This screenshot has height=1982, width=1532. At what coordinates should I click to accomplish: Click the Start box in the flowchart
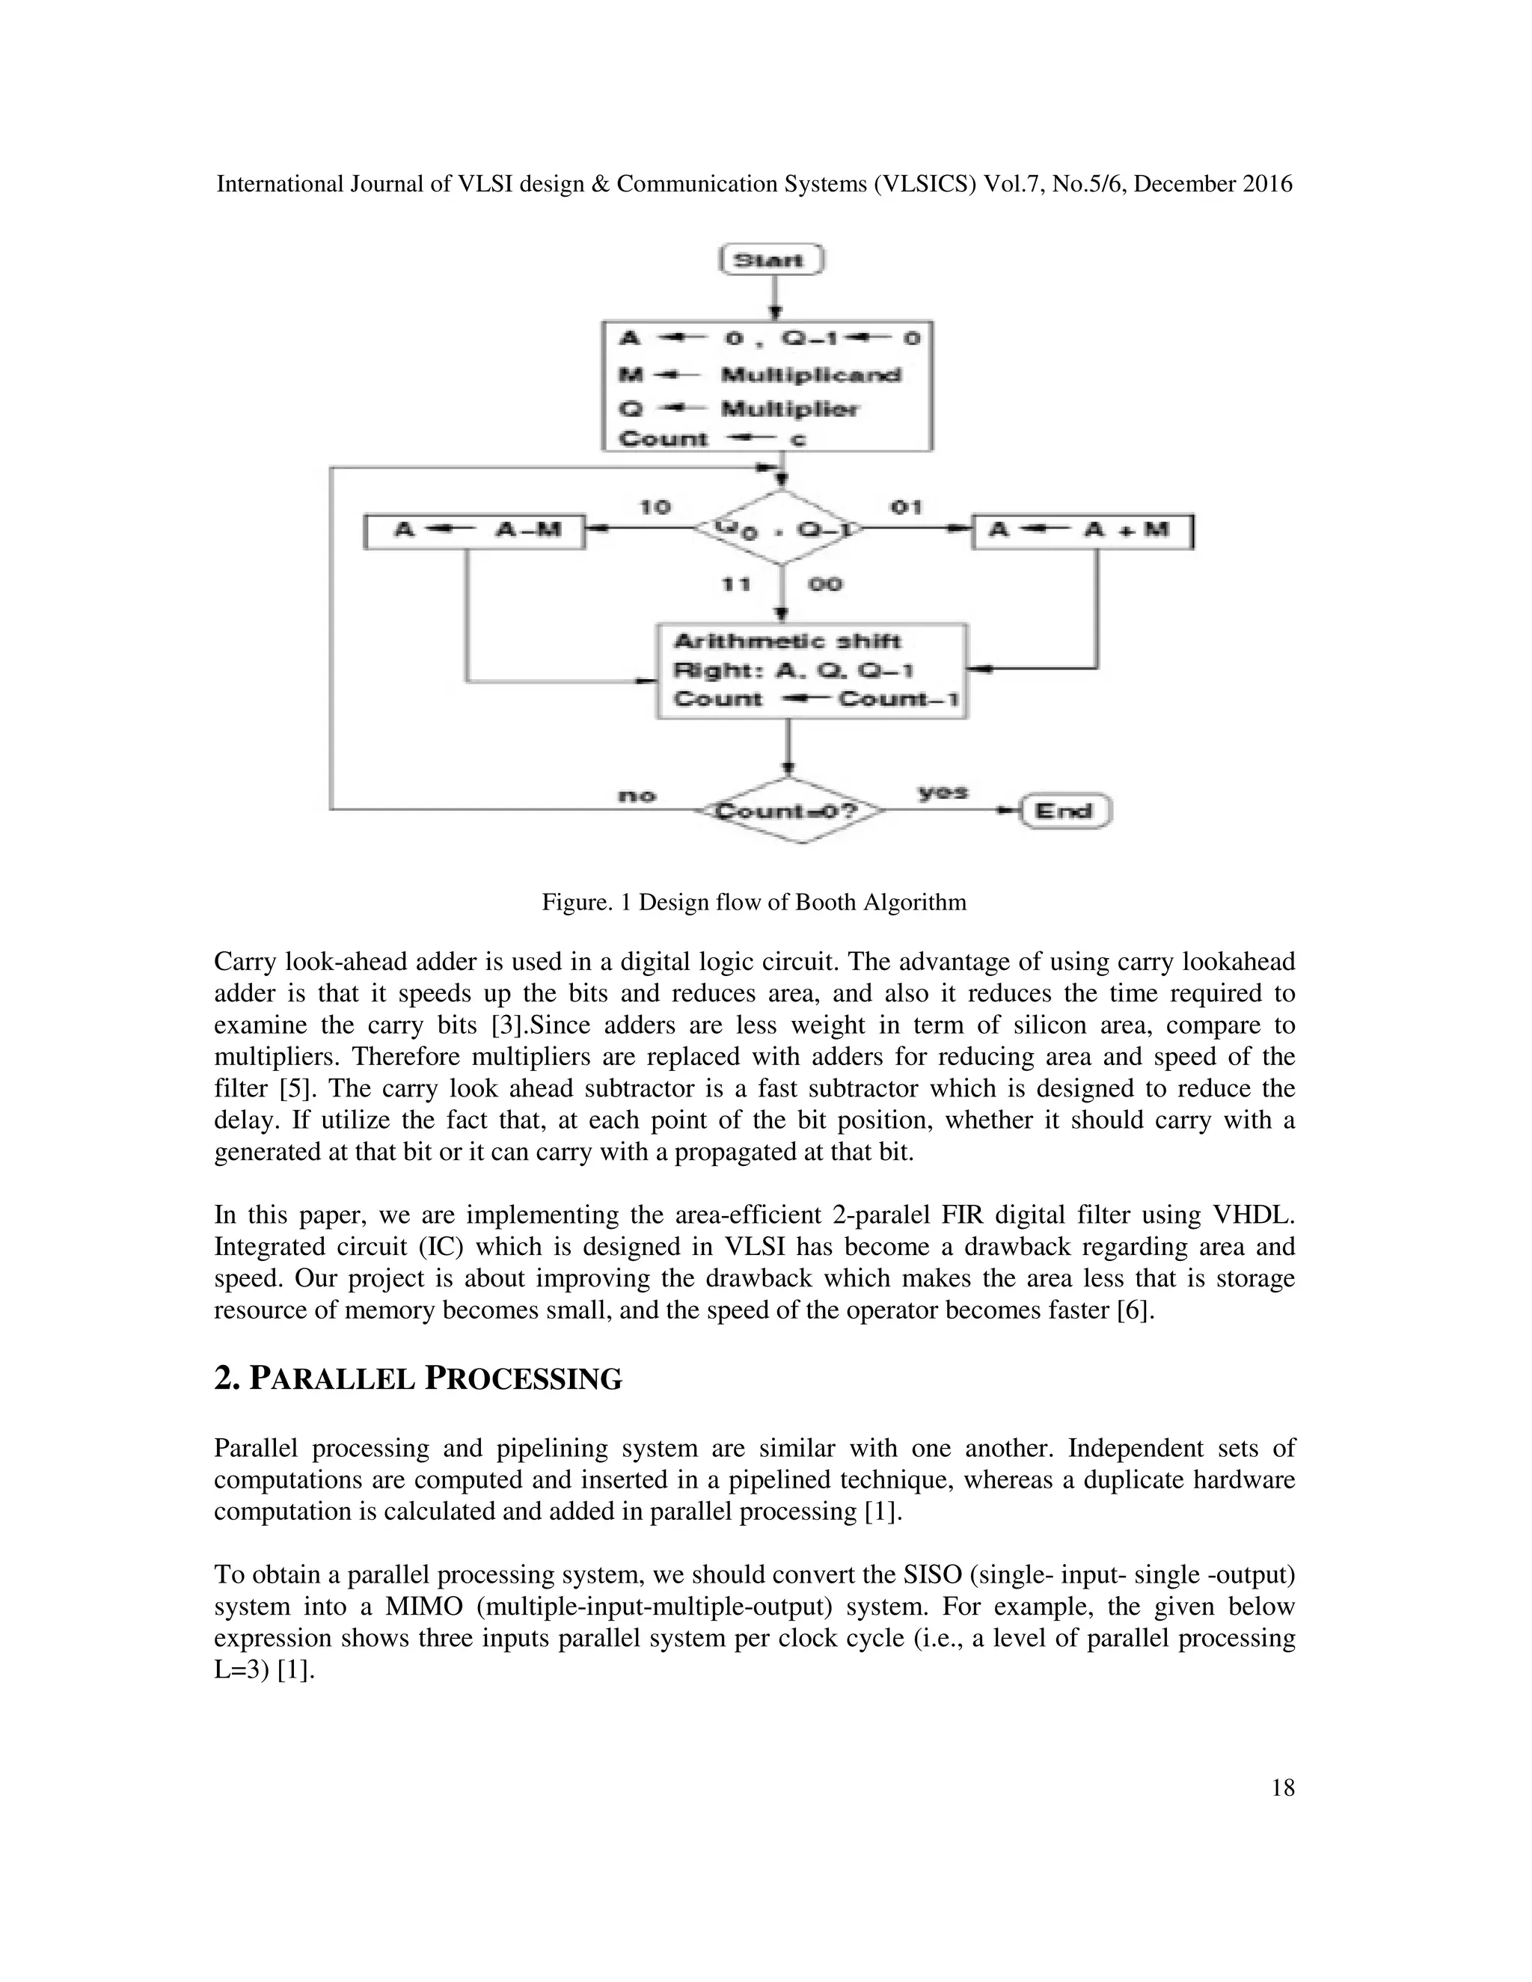pyautogui.click(x=770, y=260)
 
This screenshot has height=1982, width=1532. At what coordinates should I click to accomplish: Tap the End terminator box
pyautogui.click(x=1064, y=811)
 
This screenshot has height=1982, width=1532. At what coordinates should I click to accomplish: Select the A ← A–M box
pyautogui.click(x=474, y=531)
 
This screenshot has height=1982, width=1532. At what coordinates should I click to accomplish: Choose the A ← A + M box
pyautogui.click(x=1082, y=531)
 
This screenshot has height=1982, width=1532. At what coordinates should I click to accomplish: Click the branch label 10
pyautogui.click(x=655, y=506)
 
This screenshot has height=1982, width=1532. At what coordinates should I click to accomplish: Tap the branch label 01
pyautogui.click(x=906, y=506)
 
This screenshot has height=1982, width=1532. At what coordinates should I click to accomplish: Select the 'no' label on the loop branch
pyautogui.click(x=637, y=796)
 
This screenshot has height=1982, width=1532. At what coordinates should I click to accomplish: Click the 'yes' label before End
pyautogui.click(x=943, y=792)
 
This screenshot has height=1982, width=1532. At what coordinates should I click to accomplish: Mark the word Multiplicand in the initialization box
pyautogui.click(x=810, y=375)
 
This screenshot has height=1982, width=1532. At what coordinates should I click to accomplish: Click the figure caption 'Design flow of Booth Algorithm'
pyautogui.click(x=803, y=902)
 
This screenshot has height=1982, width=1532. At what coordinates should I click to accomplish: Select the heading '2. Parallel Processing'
pyautogui.click(x=418, y=1378)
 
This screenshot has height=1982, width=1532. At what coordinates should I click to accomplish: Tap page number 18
pyautogui.click(x=1282, y=1788)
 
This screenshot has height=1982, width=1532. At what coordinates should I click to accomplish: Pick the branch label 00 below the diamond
pyautogui.click(x=824, y=584)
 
